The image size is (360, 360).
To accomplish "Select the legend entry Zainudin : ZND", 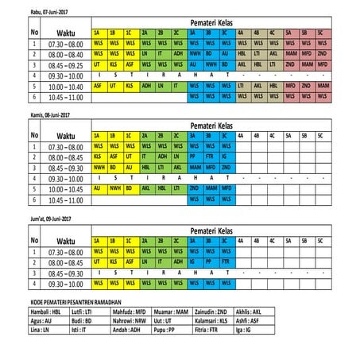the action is (x=211, y=313).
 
